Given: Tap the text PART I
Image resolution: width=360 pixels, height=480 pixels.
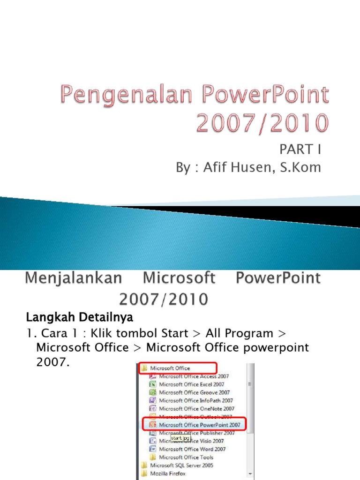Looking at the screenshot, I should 300,150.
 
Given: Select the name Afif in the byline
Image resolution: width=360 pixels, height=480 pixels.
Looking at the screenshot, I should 215,167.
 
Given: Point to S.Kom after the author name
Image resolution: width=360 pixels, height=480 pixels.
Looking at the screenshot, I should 301,167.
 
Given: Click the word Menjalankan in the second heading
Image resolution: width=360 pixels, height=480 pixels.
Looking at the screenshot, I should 74,278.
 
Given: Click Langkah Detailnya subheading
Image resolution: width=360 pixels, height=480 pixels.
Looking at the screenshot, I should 79,317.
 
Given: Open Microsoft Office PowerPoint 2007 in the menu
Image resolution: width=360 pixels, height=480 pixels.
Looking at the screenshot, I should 200,425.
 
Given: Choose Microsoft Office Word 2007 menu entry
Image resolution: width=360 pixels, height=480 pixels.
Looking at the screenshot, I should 192,449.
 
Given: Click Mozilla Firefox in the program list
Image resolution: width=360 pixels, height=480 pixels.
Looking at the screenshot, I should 168,473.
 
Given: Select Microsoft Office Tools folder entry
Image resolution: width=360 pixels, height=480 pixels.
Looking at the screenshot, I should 186,457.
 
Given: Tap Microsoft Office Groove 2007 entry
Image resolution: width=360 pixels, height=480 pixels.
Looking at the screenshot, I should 195,392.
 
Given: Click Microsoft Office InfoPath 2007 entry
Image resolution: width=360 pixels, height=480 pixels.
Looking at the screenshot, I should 196,400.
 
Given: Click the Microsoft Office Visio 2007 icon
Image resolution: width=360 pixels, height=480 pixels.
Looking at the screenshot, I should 153,441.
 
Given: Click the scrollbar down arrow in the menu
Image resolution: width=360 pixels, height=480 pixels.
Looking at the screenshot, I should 250,473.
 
